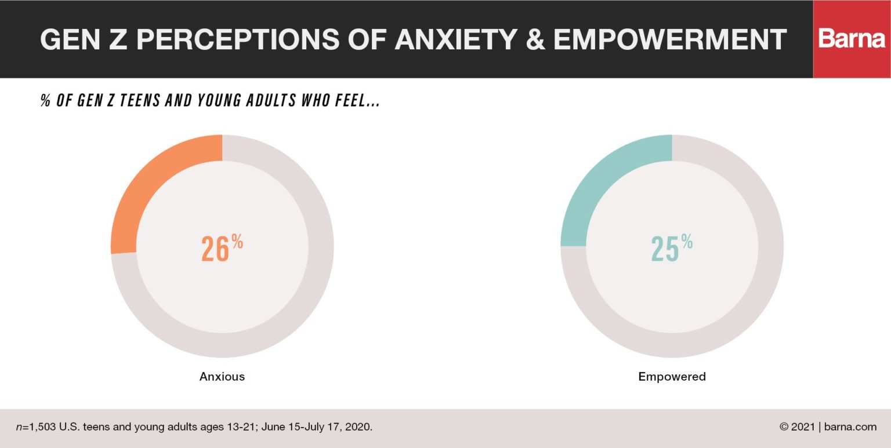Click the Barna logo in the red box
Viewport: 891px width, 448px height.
(x=852, y=39)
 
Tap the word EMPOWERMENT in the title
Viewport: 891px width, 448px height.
(x=670, y=39)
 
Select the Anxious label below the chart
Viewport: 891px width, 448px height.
(x=222, y=377)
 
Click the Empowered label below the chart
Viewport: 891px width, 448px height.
(x=672, y=377)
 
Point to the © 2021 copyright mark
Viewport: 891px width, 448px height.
(x=798, y=427)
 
